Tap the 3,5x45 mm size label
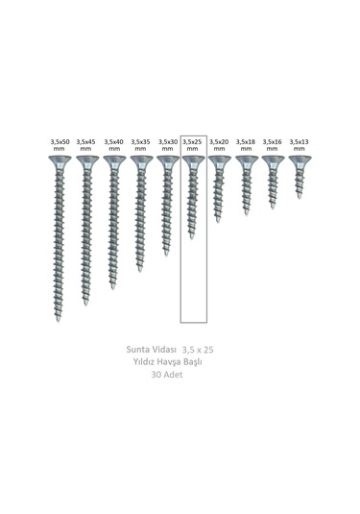[x=86, y=145]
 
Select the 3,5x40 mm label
[x=113, y=145]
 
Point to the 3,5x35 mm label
[x=140, y=145]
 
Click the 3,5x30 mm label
[x=167, y=145]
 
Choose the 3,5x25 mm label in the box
[x=193, y=145]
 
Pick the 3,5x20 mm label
[x=219, y=145]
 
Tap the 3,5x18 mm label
[x=246, y=145]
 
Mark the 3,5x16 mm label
[x=273, y=145]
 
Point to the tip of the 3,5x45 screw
[x=85, y=303]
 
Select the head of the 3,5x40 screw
[x=113, y=162]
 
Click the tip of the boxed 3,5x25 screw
[x=192, y=236]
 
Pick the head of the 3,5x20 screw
[x=219, y=162]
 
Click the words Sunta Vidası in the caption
[x=154, y=352]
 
